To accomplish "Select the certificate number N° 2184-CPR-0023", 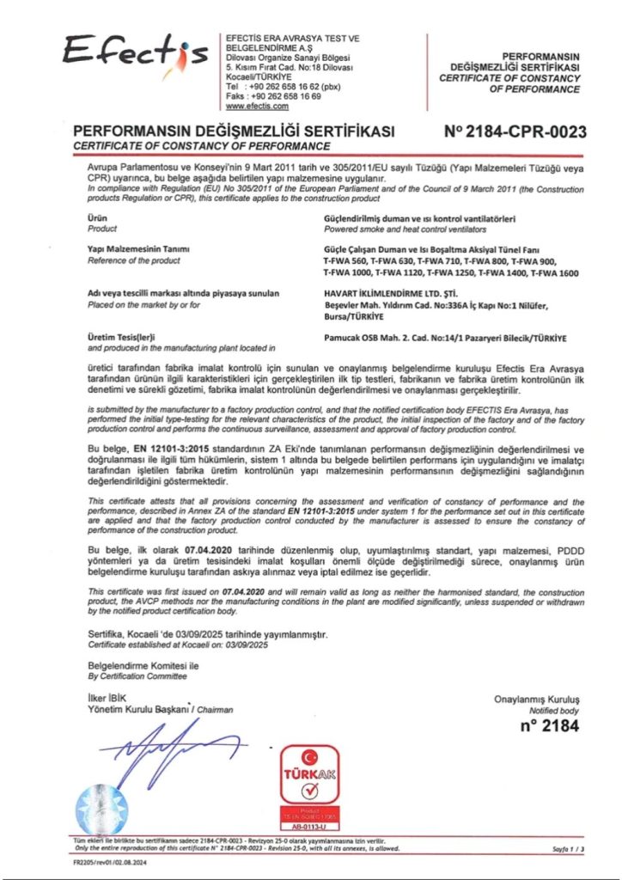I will pyautogui.click(x=515, y=131).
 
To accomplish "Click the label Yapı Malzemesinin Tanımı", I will pyautogui.click(x=138, y=249).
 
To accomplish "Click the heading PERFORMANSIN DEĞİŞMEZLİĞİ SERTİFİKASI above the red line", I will pyautogui.click(x=235, y=131).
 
